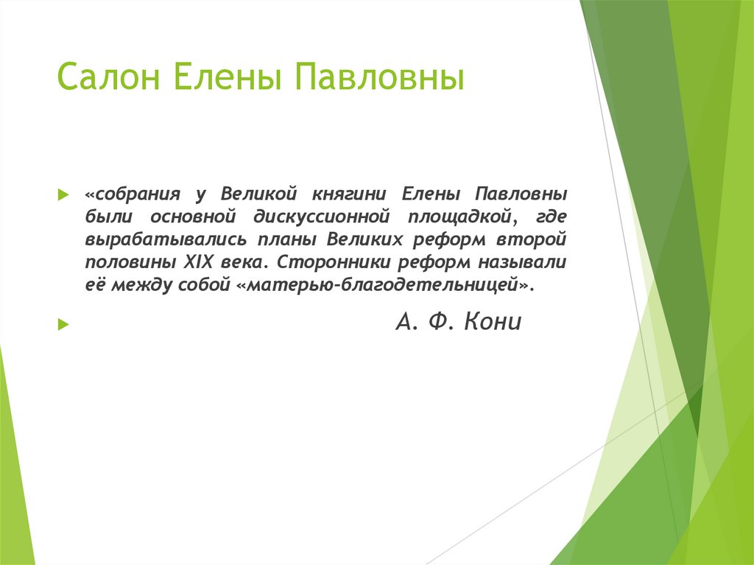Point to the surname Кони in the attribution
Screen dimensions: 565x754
(493, 322)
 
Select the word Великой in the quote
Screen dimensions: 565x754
(258, 194)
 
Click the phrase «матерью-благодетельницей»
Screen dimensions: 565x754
(383, 286)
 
